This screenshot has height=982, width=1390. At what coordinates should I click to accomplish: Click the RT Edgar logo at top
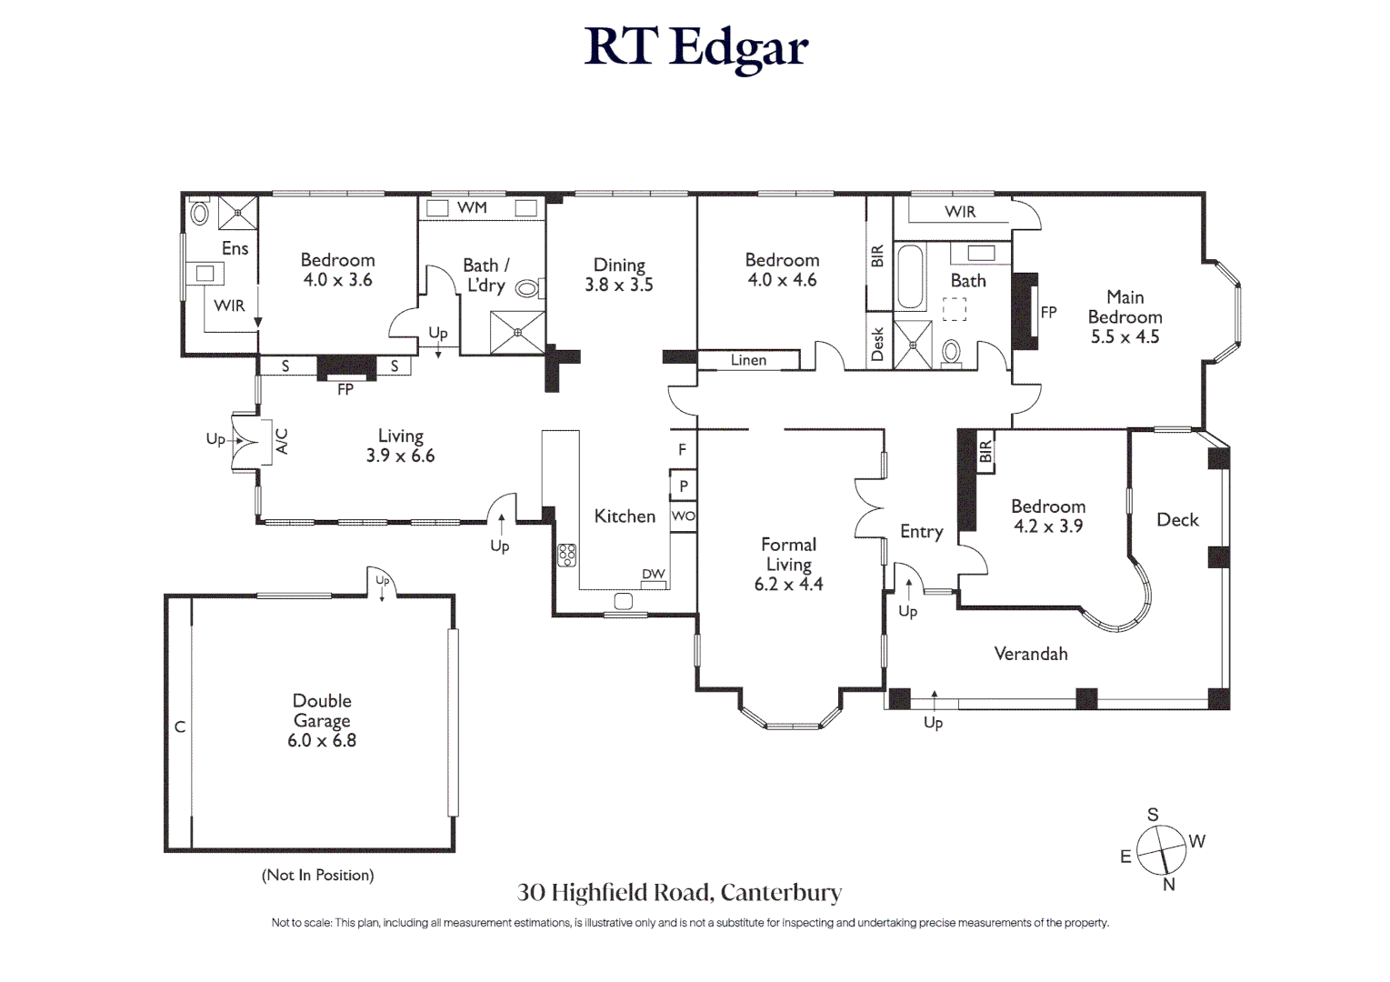pos(695,47)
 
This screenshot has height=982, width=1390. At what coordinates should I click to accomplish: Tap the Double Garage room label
pos(322,711)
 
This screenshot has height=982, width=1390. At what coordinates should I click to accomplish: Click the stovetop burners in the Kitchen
pos(566,555)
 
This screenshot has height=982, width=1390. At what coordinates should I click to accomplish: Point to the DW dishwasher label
pos(653,575)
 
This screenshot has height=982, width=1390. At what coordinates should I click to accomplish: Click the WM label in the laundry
pos(472,207)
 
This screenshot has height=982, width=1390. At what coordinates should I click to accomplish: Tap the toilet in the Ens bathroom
pos(199,214)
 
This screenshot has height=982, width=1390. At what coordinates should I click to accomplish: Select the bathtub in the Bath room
pos(910,277)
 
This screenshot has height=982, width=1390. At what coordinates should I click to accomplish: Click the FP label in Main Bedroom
pos(1048,312)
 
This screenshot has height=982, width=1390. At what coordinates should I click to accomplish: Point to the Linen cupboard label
pos(748,360)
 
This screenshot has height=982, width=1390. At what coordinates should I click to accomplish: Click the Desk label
pos(877,345)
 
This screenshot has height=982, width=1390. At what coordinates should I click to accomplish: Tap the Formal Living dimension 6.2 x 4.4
pos(788,585)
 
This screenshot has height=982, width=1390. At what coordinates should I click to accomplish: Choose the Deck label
pos(1177,520)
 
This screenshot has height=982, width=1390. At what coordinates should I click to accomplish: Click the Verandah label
pos(1030,654)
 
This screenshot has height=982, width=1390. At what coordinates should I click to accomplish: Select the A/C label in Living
pos(282,442)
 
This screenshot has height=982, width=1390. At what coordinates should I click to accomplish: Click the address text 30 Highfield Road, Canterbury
pos(679,893)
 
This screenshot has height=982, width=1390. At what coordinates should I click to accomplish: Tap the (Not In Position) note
pos(317,875)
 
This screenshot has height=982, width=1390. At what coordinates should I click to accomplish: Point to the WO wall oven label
pos(683,516)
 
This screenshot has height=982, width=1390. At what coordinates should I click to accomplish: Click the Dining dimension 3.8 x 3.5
pos(618,285)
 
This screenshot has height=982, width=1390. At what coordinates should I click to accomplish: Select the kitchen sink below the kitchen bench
pos(624,601)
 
